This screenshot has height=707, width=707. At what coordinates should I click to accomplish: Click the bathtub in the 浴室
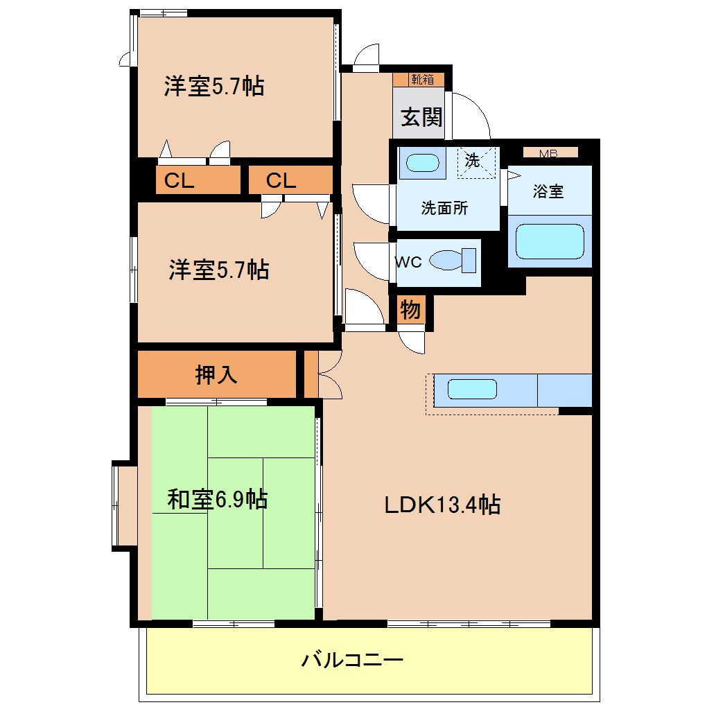pyautogui.click(x=550, y=241)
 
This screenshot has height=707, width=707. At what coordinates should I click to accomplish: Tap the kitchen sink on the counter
pyautogui.click(x=472, y=390)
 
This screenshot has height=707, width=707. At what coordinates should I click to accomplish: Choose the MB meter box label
pyautogui.click(x=549, y=153)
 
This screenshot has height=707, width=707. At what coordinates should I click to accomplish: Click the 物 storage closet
pyautogui.click(x=410, y=311)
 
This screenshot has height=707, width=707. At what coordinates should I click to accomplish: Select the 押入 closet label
pyautogui.click(x=216, y=375)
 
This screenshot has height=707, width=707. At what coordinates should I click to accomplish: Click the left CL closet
pyautogui.click(x=179, y=182)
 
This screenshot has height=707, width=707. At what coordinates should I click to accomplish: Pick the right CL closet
pyautogui.click(x=281, y=182)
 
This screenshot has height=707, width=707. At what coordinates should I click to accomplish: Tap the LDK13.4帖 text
pyautogui.click(x=443, y=505)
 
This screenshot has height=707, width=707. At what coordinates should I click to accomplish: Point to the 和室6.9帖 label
pyautogui.click(x=217, y=499)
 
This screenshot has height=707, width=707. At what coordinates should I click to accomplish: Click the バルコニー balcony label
pyautogui.click(x=351, y=659)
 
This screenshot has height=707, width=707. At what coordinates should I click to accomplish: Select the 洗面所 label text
pyautogui.click(x=444, y=208)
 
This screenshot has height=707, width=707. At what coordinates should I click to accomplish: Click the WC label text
pyautogui.click(x=408, y=262)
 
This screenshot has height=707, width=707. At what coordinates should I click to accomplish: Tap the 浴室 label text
pyautogui.click(x=548, y=192)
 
